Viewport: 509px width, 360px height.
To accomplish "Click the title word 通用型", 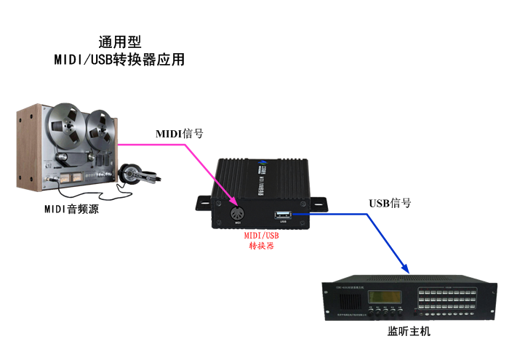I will tap(119, 41).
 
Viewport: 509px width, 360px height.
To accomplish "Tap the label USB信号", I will tap(390, 203).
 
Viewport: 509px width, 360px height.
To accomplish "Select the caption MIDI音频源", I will tap(71, 209).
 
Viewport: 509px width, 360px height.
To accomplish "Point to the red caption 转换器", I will tap(261, 246).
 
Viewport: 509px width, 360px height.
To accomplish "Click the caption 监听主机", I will tap(409, 332).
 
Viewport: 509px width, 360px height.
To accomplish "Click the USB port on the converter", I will tap(283, 214).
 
